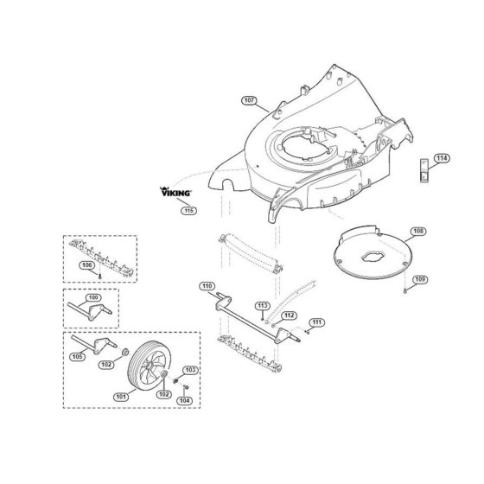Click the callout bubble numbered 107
[249, 100]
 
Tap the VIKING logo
[175, 192]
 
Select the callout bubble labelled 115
[188, 211]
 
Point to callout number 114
[442, 158]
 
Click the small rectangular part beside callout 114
[423, 170]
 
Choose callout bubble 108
[418, 232]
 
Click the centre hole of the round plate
[373, 257]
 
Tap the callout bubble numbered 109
[420, 280]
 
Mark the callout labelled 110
[207, 286]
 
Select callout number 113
[263, 306]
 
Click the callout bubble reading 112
[289, 315]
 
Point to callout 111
[316, 322]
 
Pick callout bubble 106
[86, 265]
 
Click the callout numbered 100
[93, 297]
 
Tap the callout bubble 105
[77, 357]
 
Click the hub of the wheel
[150, 366]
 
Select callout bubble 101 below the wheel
[121, 397]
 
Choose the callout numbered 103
[190, 370]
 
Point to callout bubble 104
[184, 400]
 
